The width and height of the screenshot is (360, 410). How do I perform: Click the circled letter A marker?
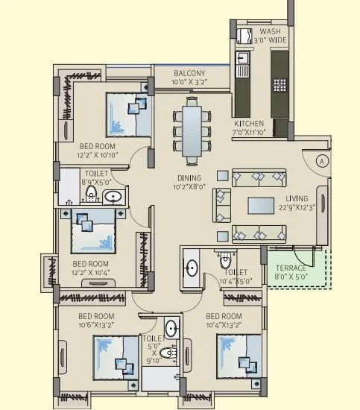pyautogui.click(x=322, y=160)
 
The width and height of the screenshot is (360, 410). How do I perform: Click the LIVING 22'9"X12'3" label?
pyautogui.click(x=297, y=204)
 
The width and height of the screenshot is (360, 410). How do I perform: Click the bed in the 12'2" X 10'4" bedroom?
pyautogui.click(x=93, y=230)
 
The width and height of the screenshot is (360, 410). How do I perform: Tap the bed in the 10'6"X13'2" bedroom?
pyautogui.click(x=115, y=359)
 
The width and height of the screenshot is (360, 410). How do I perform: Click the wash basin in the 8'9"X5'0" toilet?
pyautogui.click(x=113, y=197)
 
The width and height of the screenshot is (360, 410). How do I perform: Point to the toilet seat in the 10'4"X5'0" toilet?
pyautogui.click(x=225, y=262)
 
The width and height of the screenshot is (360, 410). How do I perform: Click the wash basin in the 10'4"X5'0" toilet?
pyautogui.click(x=191, y=268)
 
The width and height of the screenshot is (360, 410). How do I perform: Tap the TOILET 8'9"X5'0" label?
pyautogui.click(x=95, y=176)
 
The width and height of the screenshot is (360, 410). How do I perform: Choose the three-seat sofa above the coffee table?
pyautogui.click(x=259, y=177)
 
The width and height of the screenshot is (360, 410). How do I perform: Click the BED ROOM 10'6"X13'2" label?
pyautogui.click(x=95, y=319)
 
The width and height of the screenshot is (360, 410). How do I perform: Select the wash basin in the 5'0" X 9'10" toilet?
pyautogui.click(x=171, y=328)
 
